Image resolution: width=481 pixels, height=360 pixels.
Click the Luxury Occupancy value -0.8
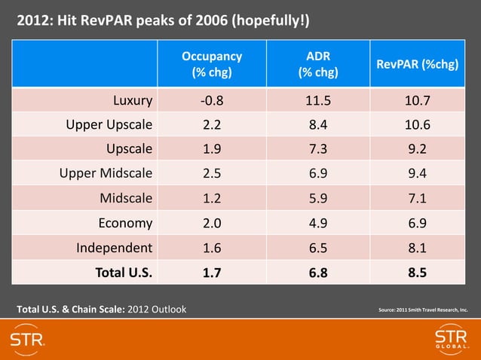212,99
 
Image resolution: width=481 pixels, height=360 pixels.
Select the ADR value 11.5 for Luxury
317,99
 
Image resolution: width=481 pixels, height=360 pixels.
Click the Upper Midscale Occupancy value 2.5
212,174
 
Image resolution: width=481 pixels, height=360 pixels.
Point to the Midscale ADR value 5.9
317,199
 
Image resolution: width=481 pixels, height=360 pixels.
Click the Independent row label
114,248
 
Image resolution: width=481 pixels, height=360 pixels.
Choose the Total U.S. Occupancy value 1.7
212,273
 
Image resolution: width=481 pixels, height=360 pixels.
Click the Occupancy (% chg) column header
212,64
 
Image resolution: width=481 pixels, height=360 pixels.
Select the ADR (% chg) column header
317,64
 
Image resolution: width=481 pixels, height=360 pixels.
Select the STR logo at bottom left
28,339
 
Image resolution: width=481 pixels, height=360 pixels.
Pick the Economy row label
125,224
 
